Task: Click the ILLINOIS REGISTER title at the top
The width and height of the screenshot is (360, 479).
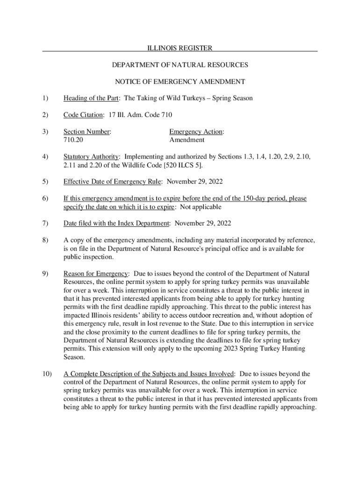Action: tap(180, 48)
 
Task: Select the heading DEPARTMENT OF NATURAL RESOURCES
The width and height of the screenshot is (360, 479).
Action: tap(180, 65)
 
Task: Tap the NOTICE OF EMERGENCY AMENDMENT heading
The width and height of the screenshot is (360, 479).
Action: tap(180, 82)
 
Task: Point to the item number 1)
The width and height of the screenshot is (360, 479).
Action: tap(45, 98)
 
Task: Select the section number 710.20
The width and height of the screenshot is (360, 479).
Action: tap(73, 140)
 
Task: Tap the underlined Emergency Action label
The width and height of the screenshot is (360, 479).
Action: tap(196, 132)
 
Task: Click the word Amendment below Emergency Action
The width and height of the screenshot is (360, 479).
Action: tap(187, 140)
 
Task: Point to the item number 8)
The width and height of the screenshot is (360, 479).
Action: tap(45, 240)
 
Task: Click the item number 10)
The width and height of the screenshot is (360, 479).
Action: tap(47, 374)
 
